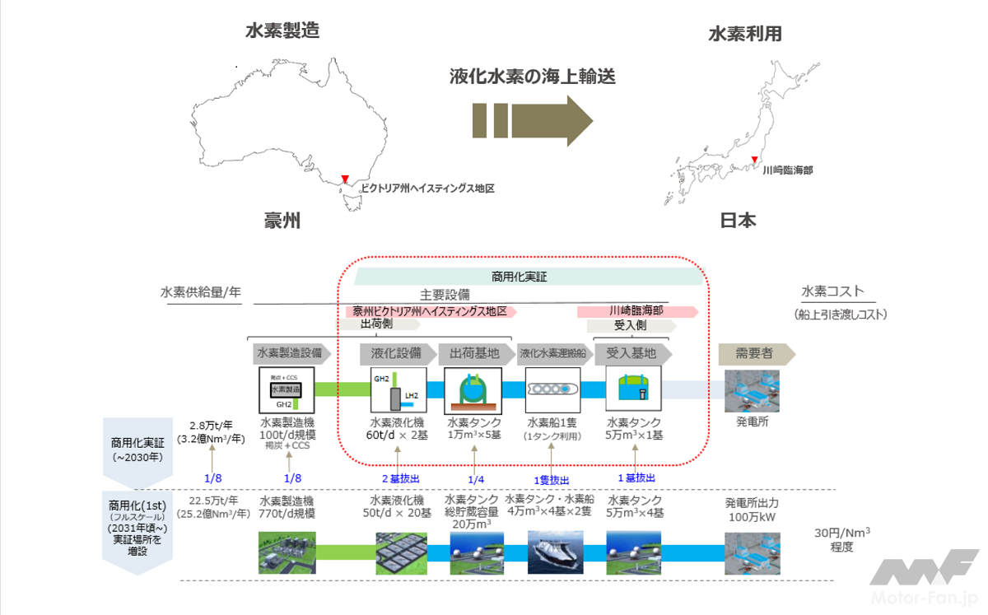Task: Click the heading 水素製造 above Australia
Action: pos(282,31)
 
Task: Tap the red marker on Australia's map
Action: pos(345,179)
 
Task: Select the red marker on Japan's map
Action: pos(753,160)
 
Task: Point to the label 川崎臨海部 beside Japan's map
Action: pos(787,170)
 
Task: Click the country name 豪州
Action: pos(282,221)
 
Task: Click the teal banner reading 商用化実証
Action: pos(524,277)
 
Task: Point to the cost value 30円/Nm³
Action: pos(842,533)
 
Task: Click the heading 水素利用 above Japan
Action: pos(745,34)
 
